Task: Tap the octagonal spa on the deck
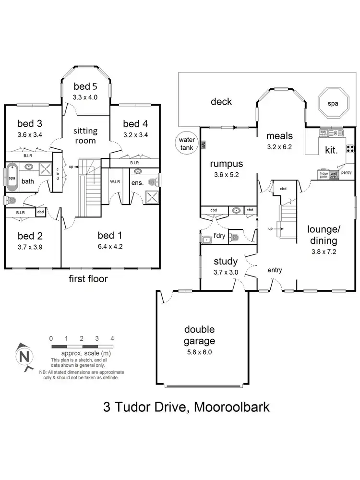pos(333,104)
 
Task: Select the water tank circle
pos(186,144)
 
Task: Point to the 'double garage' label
pos(199,336)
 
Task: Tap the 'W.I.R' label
pos(115,181)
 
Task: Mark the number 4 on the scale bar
pos(112,338)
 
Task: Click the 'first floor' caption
pos(89,279)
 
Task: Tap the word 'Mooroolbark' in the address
pos(229,408)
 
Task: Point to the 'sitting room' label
pos(85,135)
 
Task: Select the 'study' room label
pos(226,262)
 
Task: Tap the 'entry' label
pos(275,270)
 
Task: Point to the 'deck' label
pos(221,101)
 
